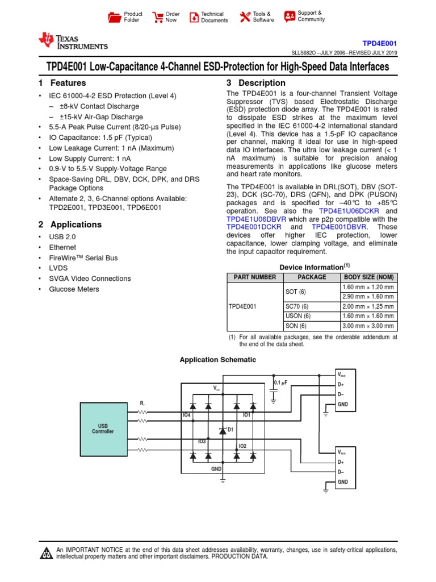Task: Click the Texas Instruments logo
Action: pyautogui.click(x=72, y=41)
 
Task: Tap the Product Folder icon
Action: pyautogui.click(x=114, y=17)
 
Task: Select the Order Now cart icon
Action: pyautogui.click(x=157, y=17)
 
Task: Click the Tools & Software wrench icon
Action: pyautogui.click(x=245, y=17)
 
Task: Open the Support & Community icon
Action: pyautogui.click(x=290, y=16)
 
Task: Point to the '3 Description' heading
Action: pyautogui.click(x=256, y=83)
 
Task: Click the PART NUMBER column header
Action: pyautogui.click(x=252, y=277)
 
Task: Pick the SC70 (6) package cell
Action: pyautogui.click(x=297, y=306)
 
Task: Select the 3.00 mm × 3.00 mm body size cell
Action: pyautogui.click(x=368, y=326)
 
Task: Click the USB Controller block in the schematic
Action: pyautogui.click(x=103, y=428)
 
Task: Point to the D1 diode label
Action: pyautogui.click(x=230, y=430)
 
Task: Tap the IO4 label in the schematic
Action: pyautogui.click(x=187, y=415)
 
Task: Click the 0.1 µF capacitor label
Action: pyautogui.click(x=281, y=383)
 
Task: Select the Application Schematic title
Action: pyautogui.click(x=218, y=360)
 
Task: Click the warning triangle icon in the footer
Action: pyautogui.click(x=45, y=554)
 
